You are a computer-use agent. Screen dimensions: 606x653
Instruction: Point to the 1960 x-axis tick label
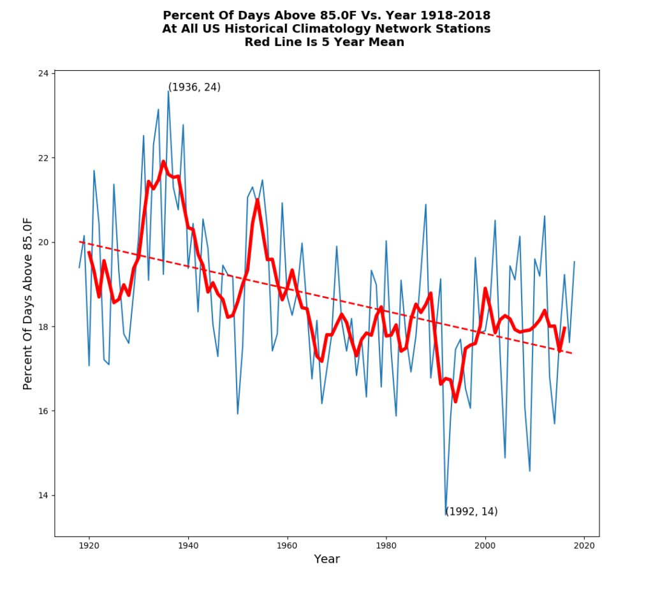click(x=287, y=545)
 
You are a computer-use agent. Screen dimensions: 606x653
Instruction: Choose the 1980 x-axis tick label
click(x=386, y=545)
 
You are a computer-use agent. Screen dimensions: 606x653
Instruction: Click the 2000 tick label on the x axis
click(x=485, y=545)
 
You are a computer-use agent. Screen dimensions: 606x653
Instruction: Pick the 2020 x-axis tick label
click(x=584, y=545)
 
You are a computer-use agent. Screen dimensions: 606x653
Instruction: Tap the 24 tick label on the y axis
click(x=43, y=74)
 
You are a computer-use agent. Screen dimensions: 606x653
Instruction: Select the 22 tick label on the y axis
click(x=43, y=158)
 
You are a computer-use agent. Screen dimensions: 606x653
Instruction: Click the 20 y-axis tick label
click(x=43, y=242)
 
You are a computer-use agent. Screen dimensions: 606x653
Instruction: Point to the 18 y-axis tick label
click(x=43, y=327)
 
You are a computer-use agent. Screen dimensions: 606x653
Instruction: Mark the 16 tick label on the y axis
click(x=43, y=411)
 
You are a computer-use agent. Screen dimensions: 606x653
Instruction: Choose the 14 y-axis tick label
click(x=43, y=496)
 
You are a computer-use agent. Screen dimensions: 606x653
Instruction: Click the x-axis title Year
click(x=326, y=559)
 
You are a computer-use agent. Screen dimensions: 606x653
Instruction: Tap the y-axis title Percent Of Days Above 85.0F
click(x=28, y=304)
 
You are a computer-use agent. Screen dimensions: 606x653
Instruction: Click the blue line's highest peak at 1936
click(x=168, y=91)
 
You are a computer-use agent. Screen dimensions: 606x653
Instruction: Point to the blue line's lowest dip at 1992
click(x=446, y=514)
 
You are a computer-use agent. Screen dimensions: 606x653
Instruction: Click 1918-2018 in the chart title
click(x=457, y=15)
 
